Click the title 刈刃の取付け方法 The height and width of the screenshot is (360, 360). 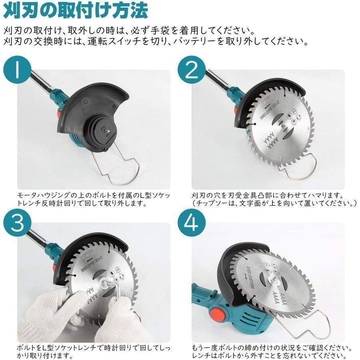pyautogui.click(x=76, y=12)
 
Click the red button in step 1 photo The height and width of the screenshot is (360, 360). pyautogui.click(x=58, y=114)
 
